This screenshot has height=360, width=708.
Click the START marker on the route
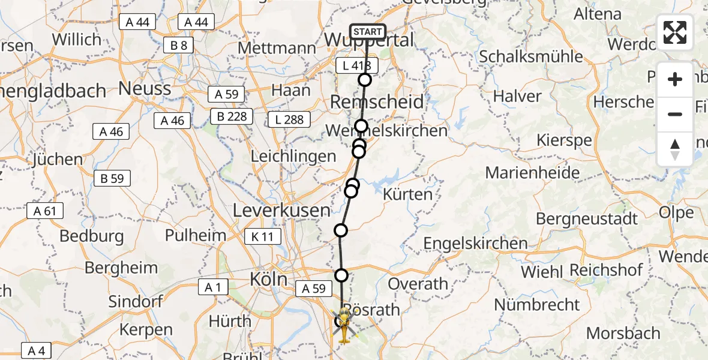pyautogui.click(x=367, y=32)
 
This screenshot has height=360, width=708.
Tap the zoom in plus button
pyautogui.click(x=675, y=79)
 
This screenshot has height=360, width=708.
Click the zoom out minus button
pyautogui.click(x=675, y=114)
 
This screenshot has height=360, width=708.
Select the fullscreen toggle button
pyautogui.click(x=675, y=32)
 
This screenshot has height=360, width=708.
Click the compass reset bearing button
pyautogui.click(x=675, y=149)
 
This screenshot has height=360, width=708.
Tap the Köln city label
pyautogui.click(x=269, y=280)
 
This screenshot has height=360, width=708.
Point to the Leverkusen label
pyautogui.click(x=281, y=211)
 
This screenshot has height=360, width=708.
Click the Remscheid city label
pyautogui.click(x=377, y=101)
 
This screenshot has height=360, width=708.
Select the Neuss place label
pyautogui.click(x=145, y=89)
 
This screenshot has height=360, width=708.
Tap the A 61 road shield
pyautogui.click(x=45, y=211)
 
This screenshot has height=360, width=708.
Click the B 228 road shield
pyautogui.click(x=232, y=116)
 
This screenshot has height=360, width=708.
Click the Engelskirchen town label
pyautogui.click(x=476, y=244)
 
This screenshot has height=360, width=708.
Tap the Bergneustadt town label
pyautogui.click(x=587, y=219)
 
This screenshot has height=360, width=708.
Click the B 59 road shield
pyautogui.click(x=112, y=178)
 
